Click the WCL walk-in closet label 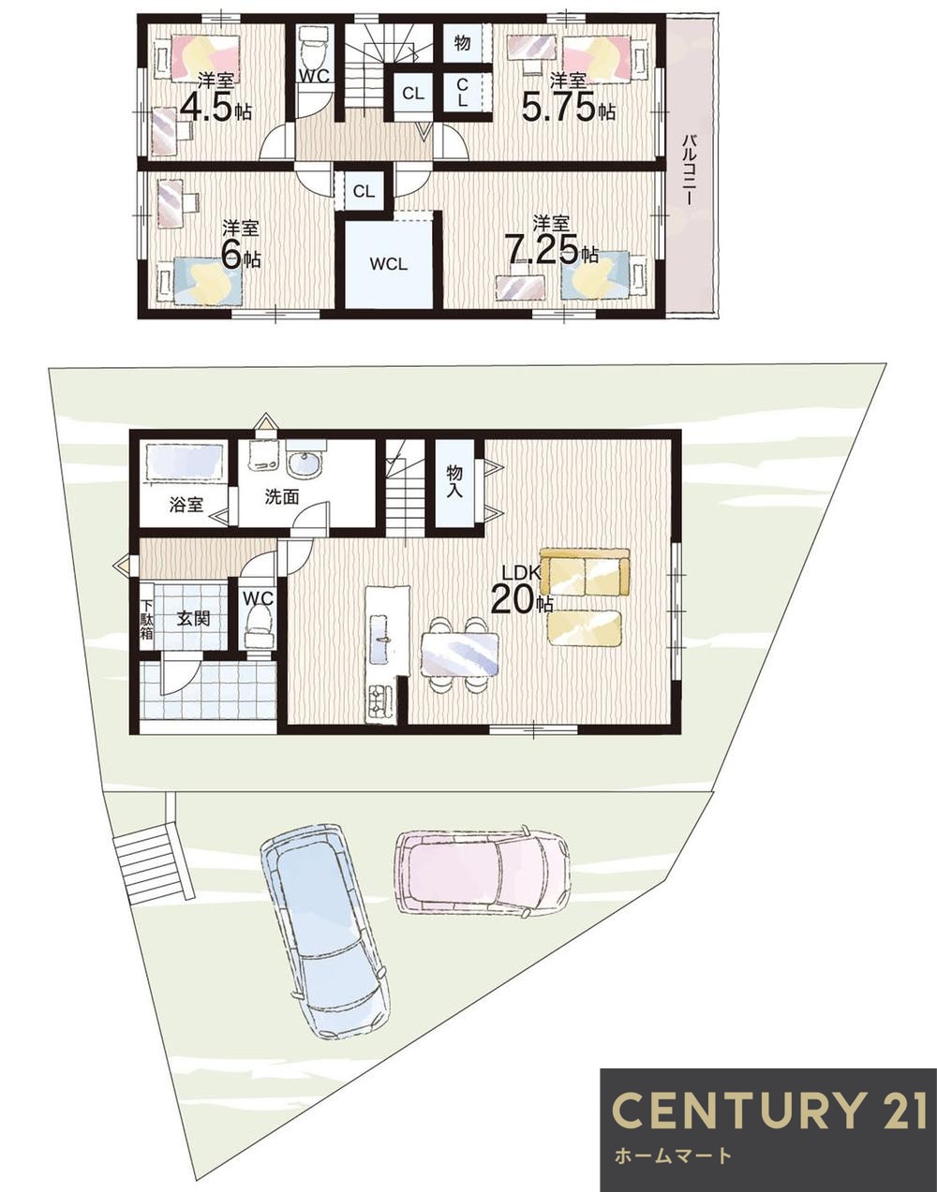pyautogui.click(x=388, y=264)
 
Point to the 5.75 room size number pyautogui.click(x=558, y=108)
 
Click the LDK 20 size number pyautogui.click(x=513, y=599)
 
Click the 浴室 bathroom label pyautogui.click(x=186, y=505)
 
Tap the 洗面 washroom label pyautogui.click(x=282, y=496)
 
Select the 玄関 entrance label pyautogui.click(x=193, y=619)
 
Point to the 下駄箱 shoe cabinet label pyautogui.click(x=146, y=620)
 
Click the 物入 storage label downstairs pyautogui.click(x=454, y=481)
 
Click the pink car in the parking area pyautogui.click(x=482, y=872)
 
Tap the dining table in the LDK pyautogui.click(x=460, y=655)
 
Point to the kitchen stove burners pyautogui.click(x=379, y=702)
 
